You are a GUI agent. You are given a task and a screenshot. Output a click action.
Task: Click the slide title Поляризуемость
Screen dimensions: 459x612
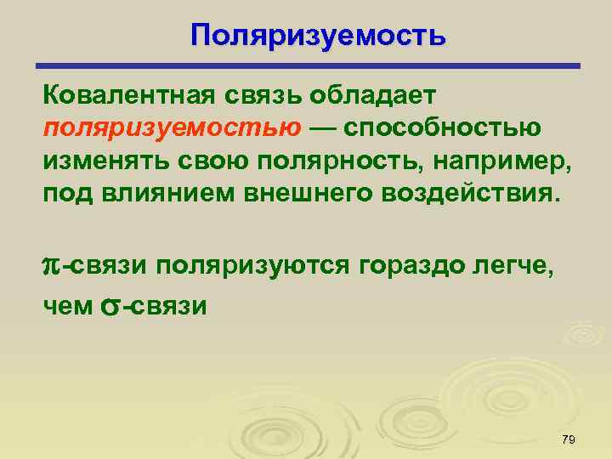pyautogui.click(x=317, y=35)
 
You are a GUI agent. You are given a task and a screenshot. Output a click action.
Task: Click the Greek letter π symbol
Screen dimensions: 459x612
pyautogui.click(x=50, y=267)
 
